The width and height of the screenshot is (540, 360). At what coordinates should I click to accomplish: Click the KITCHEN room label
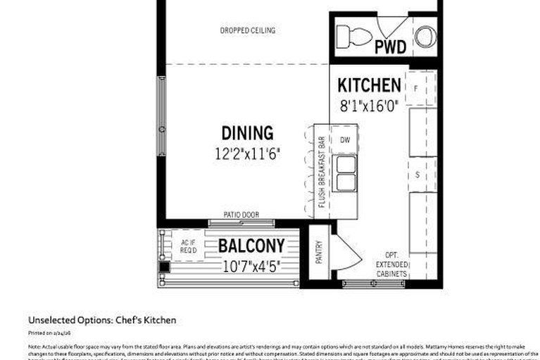[369, 86]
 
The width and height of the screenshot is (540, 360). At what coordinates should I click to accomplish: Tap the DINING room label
[247, 132]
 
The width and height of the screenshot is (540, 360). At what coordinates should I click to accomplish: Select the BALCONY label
[251, 246]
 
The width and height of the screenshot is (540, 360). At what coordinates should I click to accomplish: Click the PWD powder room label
[390, 47]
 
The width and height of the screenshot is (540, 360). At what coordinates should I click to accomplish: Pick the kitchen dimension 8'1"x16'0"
[369, 106]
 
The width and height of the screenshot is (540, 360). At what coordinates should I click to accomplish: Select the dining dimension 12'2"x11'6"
[247, 152]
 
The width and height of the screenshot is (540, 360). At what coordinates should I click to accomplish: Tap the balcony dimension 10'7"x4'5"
[251, 266]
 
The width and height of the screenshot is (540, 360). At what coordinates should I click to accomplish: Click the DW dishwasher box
[345, 139]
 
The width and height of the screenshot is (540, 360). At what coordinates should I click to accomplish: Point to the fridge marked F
[416, 88]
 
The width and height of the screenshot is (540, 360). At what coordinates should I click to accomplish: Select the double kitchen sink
[345, 173]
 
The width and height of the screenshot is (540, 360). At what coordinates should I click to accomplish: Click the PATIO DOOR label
[241, 215]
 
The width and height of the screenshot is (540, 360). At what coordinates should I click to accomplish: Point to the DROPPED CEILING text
[247, 30]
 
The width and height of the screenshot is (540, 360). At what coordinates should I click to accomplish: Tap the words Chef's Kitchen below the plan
[149, 320]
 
